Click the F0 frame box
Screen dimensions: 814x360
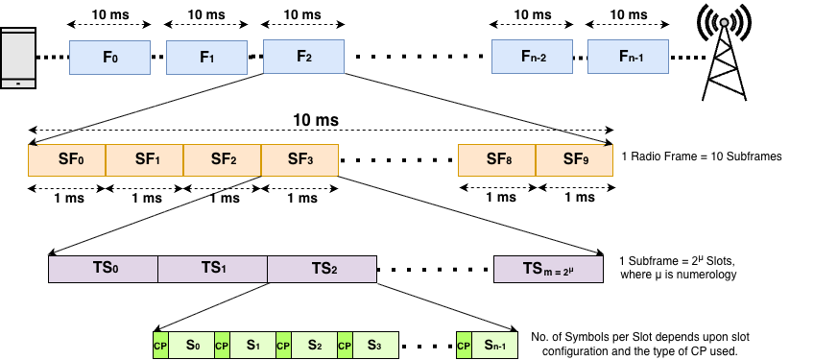(110, 58)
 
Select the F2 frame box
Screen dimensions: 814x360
(303, 57)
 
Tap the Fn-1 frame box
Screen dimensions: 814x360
(628, 57)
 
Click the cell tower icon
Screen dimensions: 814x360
(724, 52)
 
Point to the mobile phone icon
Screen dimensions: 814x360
(17, 59)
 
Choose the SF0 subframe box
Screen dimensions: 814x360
(67, 160)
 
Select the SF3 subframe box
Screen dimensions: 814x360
(300, 160)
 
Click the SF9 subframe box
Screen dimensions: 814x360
(574, 160)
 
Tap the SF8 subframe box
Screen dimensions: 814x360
(497, 160)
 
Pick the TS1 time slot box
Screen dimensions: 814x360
(213, 269)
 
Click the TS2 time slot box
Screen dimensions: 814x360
(323, 269)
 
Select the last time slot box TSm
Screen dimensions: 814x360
(548, 269)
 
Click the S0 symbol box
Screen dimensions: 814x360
(192, 346)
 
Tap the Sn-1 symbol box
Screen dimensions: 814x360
(494, 346)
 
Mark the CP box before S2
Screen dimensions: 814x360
(283, 346)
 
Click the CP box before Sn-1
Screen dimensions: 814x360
(464, 346)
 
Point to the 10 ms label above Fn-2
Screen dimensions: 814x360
(532, 14)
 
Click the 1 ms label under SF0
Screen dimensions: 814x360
(68, 198)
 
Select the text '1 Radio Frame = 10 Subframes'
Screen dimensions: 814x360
(702, 156)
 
